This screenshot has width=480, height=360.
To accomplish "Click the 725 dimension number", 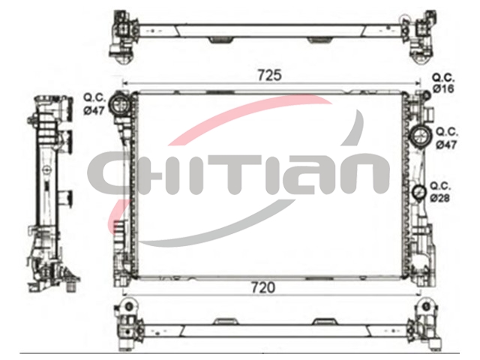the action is (269, 75).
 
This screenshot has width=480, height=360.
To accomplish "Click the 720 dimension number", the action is (263, 288).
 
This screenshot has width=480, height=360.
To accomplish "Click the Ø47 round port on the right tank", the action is (421, 136).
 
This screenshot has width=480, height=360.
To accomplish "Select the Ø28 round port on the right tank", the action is (419, 192).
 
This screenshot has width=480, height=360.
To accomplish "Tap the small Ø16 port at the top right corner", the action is (427, 95).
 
